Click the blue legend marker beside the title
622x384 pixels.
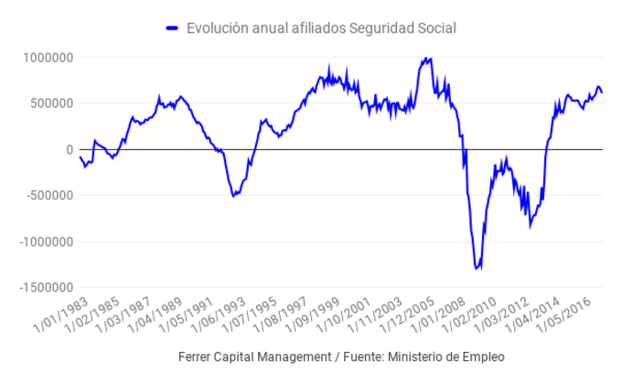[x=172, y=29]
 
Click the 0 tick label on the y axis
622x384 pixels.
[x=69, y=149]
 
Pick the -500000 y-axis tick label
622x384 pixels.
[x=48, y=196]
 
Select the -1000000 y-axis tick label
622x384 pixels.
[x=45, y=241]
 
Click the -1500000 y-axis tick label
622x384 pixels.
[x=45, y=287]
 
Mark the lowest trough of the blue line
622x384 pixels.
[x=477, y=269]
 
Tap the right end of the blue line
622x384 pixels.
[x=602, y=92]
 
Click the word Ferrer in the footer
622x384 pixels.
[x=198, y=357]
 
